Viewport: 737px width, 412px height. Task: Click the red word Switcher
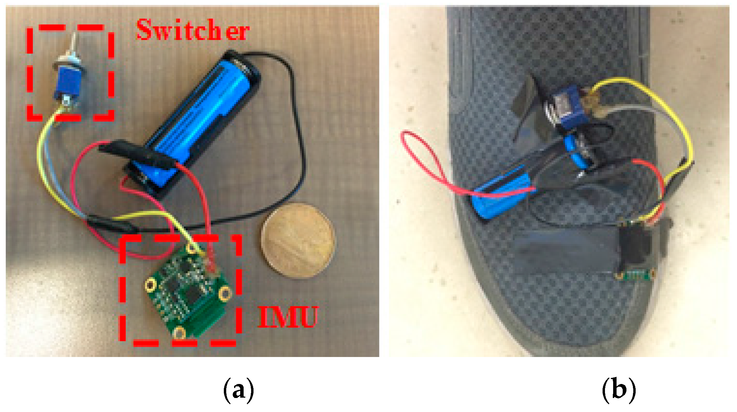(x=193, y=30)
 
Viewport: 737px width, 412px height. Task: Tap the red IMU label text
(x=288, y=317)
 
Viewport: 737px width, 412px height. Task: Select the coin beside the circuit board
(x=298, y=240)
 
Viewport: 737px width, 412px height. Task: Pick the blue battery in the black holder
(x=201, y=113)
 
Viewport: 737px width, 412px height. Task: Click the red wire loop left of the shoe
(x=420, y=157)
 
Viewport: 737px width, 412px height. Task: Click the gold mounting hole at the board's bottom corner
(x=179, y=332)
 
